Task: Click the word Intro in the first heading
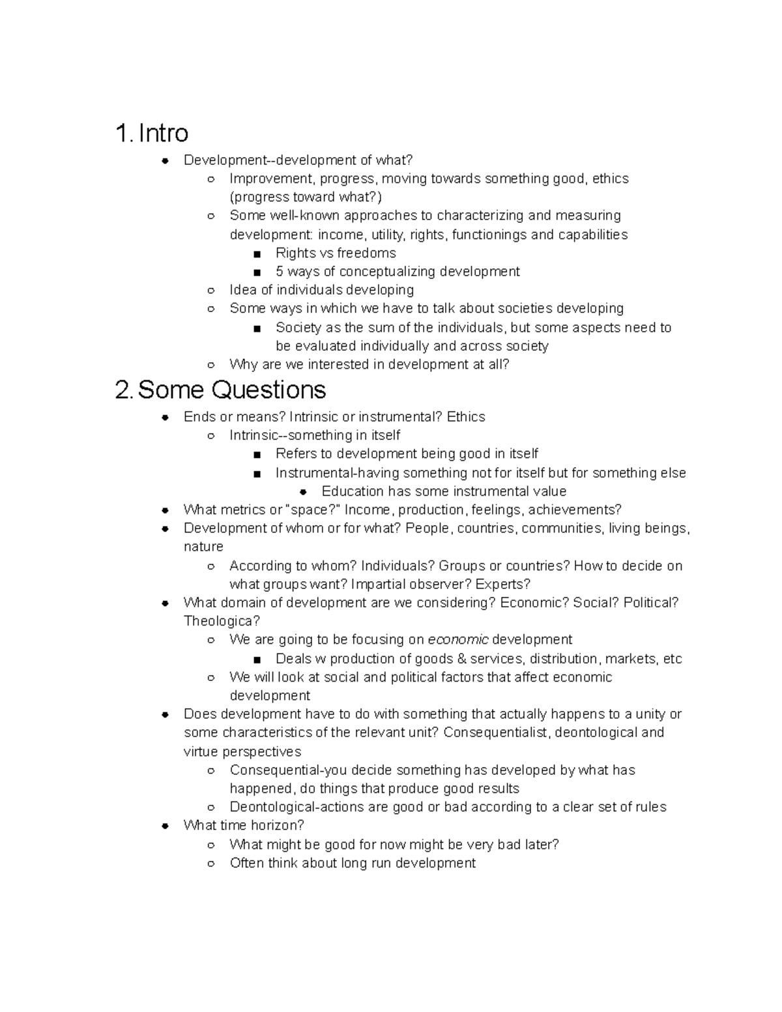coord(164,133)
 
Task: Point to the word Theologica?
coord(222,621)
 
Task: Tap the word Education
coord(353,491)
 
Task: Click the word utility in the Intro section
coord(386,235)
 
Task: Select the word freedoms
coord(366,253)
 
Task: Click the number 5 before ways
coord(280,272)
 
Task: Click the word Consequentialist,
coord(497,732)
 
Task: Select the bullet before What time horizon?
coord(166,826)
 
